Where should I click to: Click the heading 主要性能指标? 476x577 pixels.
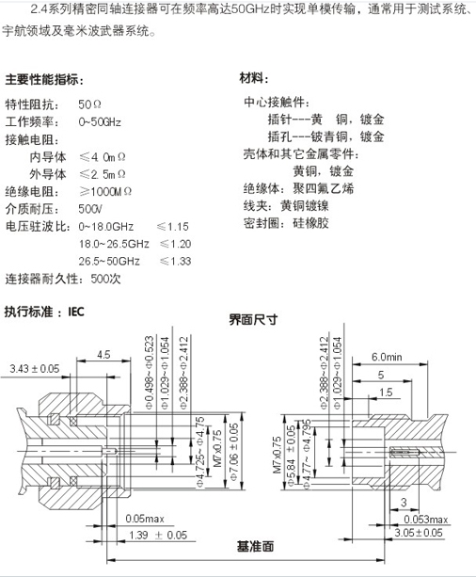click(x=41, y=79)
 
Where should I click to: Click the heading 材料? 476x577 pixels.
click(x=251, y=78)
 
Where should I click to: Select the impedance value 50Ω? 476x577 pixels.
click(x=89, y=104)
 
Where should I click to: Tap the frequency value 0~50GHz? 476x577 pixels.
click(x=100, y=121)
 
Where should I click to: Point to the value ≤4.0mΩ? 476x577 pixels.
click(x=103, y=157)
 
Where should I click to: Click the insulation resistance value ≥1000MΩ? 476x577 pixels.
click(x=105, y=192)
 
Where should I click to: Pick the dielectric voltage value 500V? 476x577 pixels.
click(x=90, y=209)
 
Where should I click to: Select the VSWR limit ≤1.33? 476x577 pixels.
click(x=176, y=262)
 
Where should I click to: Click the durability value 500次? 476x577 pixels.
click(x=105, y=279)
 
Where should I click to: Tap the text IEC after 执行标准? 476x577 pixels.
click(x=76, y=313)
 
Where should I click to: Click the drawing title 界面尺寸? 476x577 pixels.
click(x=253, y=319)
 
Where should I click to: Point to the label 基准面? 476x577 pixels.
click(x=255, y=546)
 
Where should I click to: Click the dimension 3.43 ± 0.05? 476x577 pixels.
click(x=35, y=368)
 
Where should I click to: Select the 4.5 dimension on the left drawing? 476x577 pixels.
click(x=103, y=354)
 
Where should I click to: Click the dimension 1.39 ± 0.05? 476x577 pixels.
click(x=158, y=535)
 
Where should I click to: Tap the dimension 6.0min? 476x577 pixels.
click(x=387, y=357)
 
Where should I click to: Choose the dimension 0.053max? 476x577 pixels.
click(x=425, y=520)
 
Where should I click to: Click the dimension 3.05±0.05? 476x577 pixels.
click(x=419, y=533)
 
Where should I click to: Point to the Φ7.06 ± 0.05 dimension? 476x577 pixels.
click(x=234, y=452)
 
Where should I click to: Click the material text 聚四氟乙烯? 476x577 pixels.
click(x=324, y=188)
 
